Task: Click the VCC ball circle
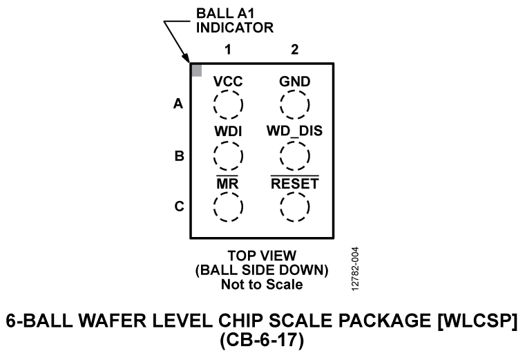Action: [227, 105]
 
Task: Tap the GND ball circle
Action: [294, 105]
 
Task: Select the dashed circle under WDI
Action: [227, 155]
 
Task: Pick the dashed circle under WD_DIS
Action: [294, 155]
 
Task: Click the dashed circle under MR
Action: [227, 206]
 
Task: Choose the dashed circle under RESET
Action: [294, 206]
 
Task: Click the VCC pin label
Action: [227, 82]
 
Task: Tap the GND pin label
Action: [294, 82]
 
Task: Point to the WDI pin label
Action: [227, 131]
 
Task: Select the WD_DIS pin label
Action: [294, 131]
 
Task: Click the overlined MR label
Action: [227, 184]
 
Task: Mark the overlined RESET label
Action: [294, 184]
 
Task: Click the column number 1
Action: [227, 50]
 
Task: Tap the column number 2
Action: [294, 50]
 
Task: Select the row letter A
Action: [178, 105]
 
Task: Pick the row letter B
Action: [178, 156]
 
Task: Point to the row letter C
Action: [178, 207]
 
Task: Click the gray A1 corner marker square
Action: [196, 70]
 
